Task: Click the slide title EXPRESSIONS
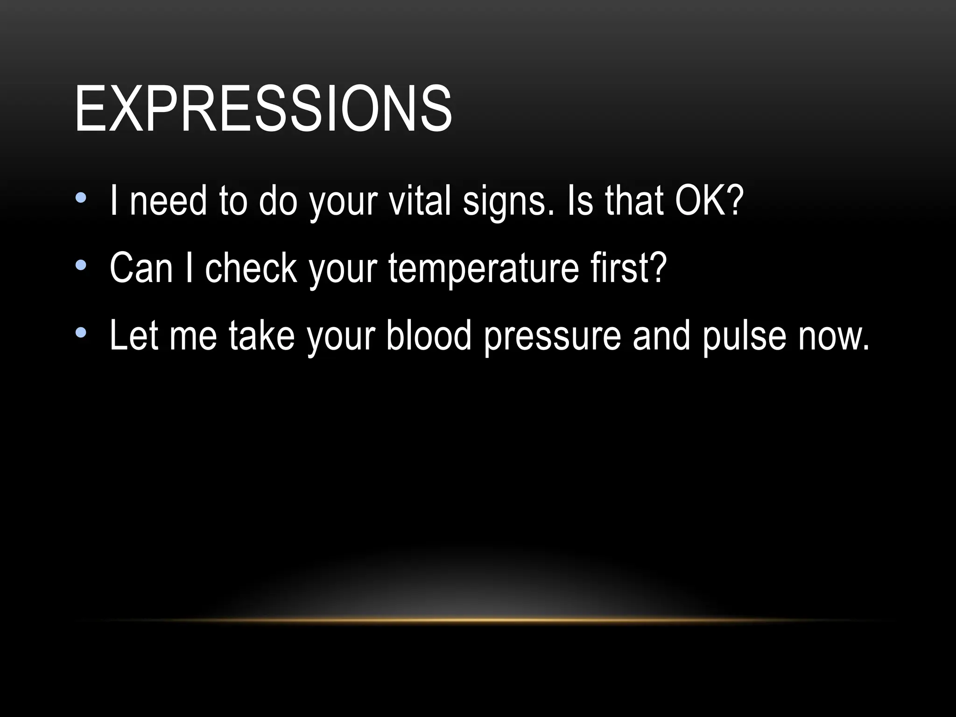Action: click(263, 109)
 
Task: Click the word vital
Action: click(420, 201)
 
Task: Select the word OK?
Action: click(709, 201)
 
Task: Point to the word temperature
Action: click(483, 269)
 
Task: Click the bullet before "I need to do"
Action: click(81, 198)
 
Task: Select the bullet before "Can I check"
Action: click(81, 266)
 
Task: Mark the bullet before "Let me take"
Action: click(81, 333)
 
